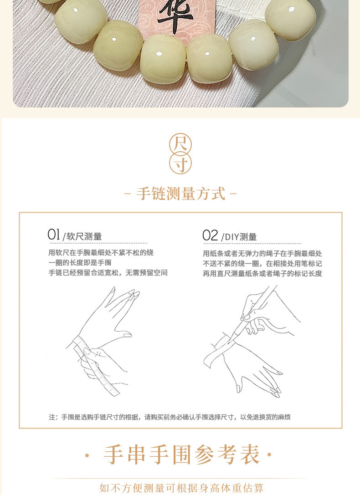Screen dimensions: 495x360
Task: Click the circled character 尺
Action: point(180,144)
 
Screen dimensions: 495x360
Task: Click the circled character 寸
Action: point(180,163)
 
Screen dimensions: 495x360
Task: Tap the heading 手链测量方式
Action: point(181,194)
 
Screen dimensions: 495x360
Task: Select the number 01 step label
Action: point(54,235)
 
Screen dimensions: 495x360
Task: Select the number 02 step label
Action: point(210,235)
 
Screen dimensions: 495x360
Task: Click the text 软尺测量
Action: point(84,237)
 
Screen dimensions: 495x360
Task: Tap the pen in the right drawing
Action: point(255,314)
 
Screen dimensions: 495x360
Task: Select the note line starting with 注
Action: point(170,417)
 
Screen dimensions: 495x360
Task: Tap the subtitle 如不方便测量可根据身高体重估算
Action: point(181,488)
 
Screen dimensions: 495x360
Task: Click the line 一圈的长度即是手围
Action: point(80,263)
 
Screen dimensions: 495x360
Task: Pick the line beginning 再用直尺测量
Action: point(262,274)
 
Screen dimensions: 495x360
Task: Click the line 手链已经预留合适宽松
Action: point(108,273)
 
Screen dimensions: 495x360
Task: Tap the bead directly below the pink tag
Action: point(163,59)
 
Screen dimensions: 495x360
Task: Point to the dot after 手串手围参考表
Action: point(269,454)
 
